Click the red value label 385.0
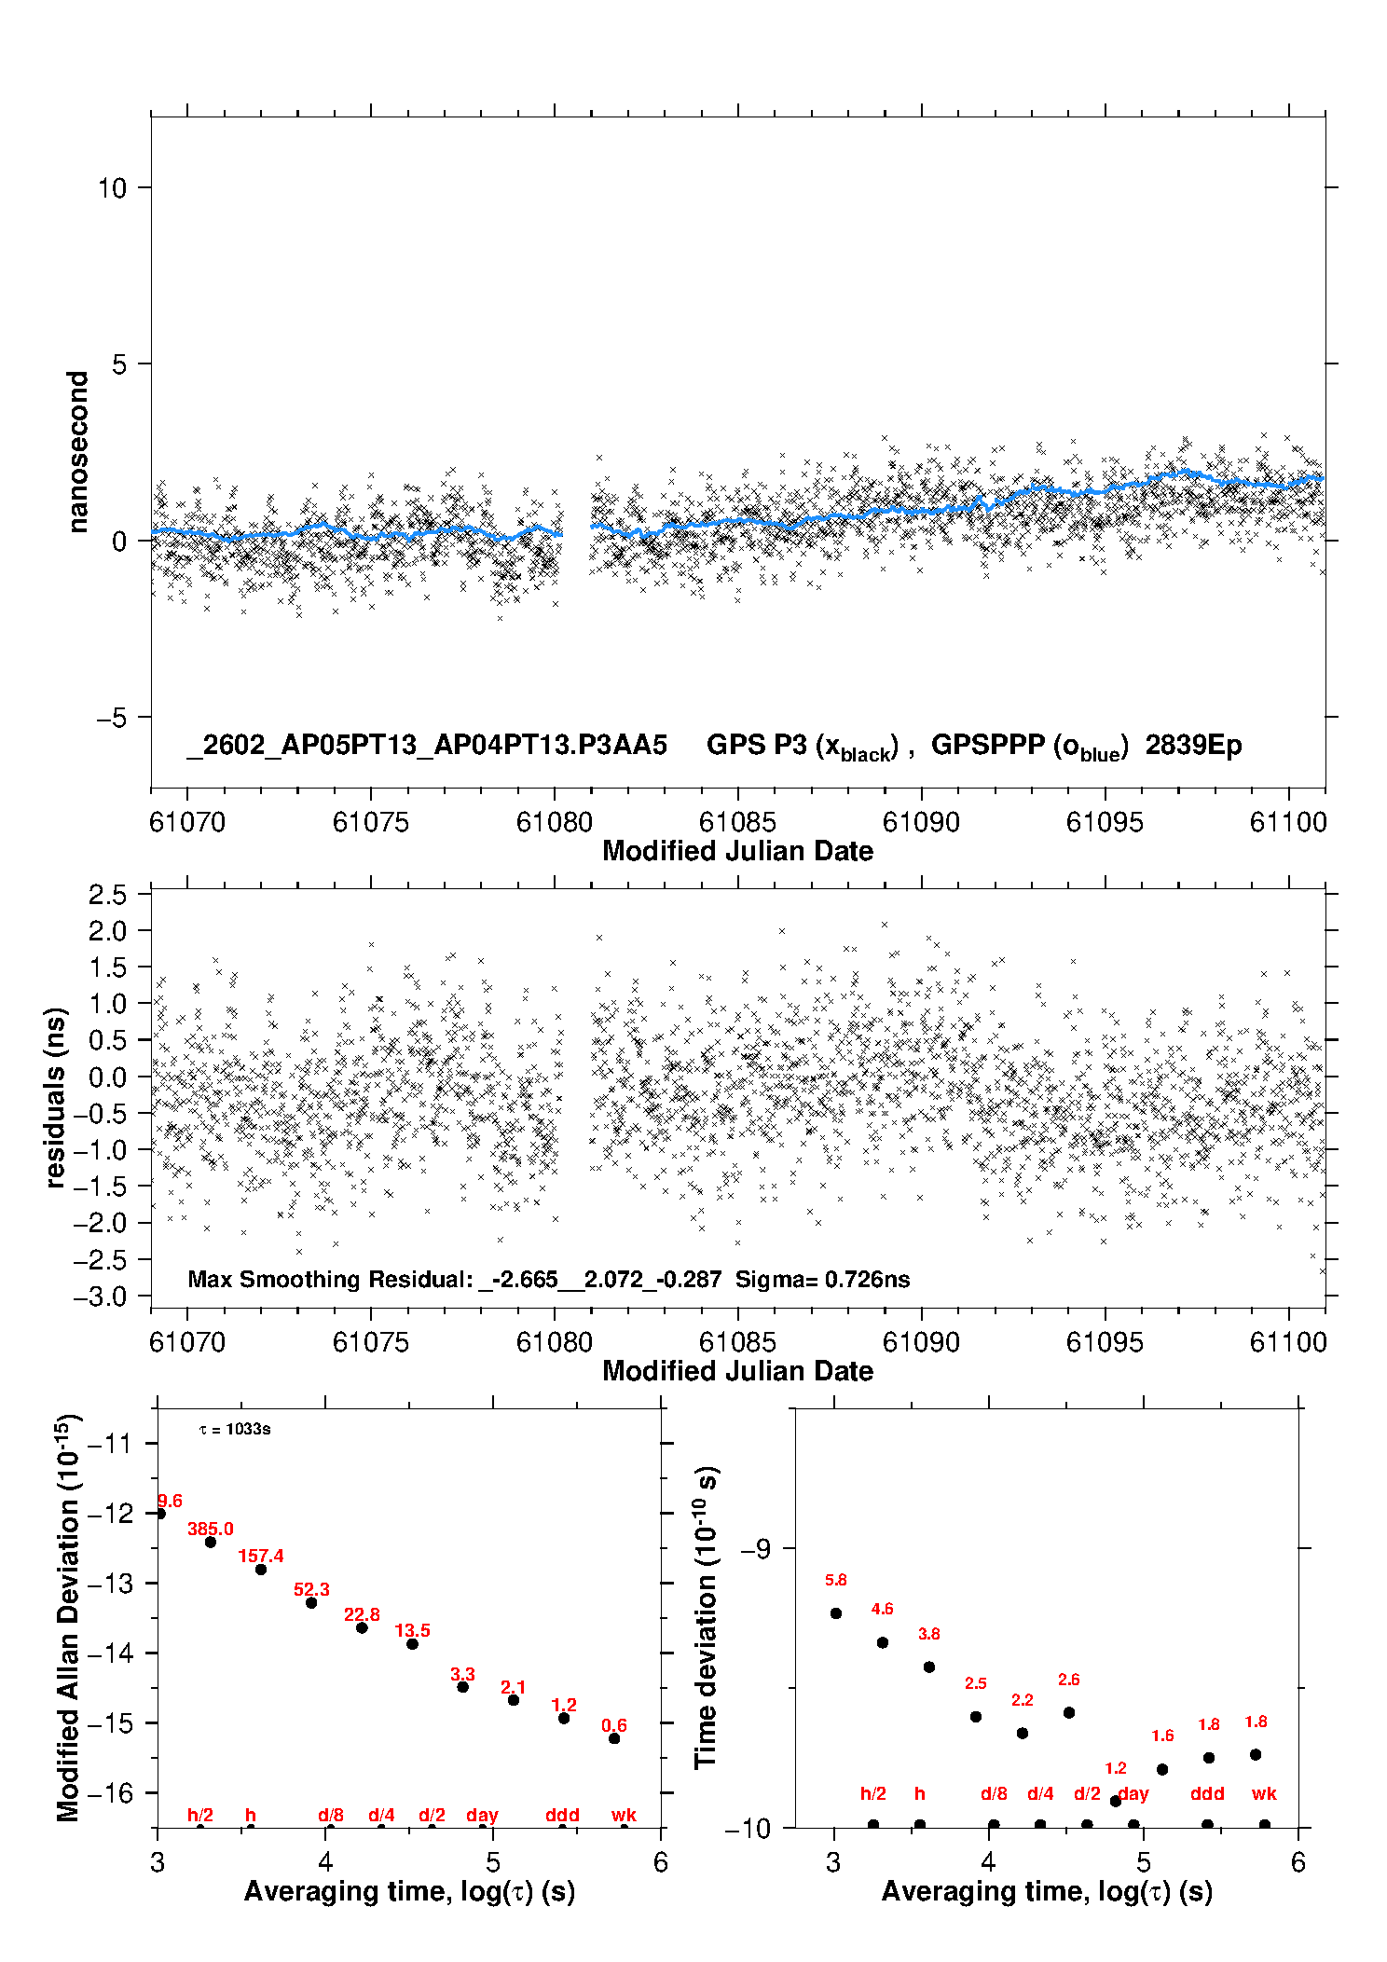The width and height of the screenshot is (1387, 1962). [x=210, y=1529]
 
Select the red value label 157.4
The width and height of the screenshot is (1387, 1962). [x=261, y=1556]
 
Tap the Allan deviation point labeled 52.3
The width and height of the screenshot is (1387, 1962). [x=311, y=1602]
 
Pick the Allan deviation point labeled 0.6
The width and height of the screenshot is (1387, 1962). [x=614, y=1738]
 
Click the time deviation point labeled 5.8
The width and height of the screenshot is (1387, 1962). [x=836, y=1613]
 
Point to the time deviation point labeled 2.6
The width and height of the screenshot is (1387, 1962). [x=1069, y=1712]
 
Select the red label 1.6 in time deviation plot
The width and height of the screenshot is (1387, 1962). [x=1162, y=1736]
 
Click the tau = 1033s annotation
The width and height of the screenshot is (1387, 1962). [x=235, y=1429]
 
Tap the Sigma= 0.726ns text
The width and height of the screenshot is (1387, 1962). [x=822, y=1279]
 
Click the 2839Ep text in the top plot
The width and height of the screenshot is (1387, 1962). [x=1193, y=746]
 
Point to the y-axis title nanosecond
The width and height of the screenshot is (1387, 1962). [x=77, y=452]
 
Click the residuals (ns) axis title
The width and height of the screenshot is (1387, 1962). [x=56, y=1097]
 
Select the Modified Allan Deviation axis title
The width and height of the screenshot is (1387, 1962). [x=68, y=1617]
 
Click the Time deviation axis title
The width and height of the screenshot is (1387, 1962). [x=706, y=1617]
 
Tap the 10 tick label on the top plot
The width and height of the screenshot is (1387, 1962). [x=111, y=188]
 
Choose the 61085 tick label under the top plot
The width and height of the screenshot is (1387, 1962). [x=737, y=822]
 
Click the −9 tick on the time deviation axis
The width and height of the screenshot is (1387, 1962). [x=755, y=1548]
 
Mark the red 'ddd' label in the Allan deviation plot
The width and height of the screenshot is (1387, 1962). [x=562, y=1815]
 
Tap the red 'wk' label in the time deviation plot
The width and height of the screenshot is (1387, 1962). [x=1264, y=1793]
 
